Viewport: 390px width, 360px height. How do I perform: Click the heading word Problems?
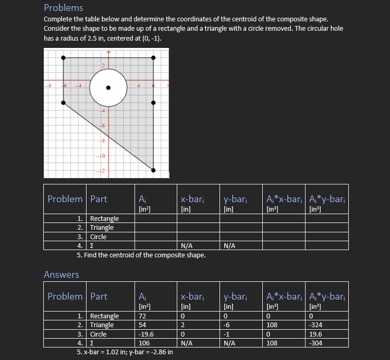coord(63,8)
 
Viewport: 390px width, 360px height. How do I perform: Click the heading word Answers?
coord(62,275)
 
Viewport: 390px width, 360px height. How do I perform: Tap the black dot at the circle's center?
coord(108,88)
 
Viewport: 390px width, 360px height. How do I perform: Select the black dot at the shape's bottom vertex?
coord(153,170)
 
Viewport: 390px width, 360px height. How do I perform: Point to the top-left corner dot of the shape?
coord(63,58)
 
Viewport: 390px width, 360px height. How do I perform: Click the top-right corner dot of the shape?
coord(153,58)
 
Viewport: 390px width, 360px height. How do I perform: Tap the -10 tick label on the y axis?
coord(101,156)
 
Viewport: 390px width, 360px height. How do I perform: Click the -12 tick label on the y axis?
coord(101,171)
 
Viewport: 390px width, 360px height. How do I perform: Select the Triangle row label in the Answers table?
coord(102,325)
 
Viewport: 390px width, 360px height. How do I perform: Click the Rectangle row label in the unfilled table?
coord(104,218)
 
